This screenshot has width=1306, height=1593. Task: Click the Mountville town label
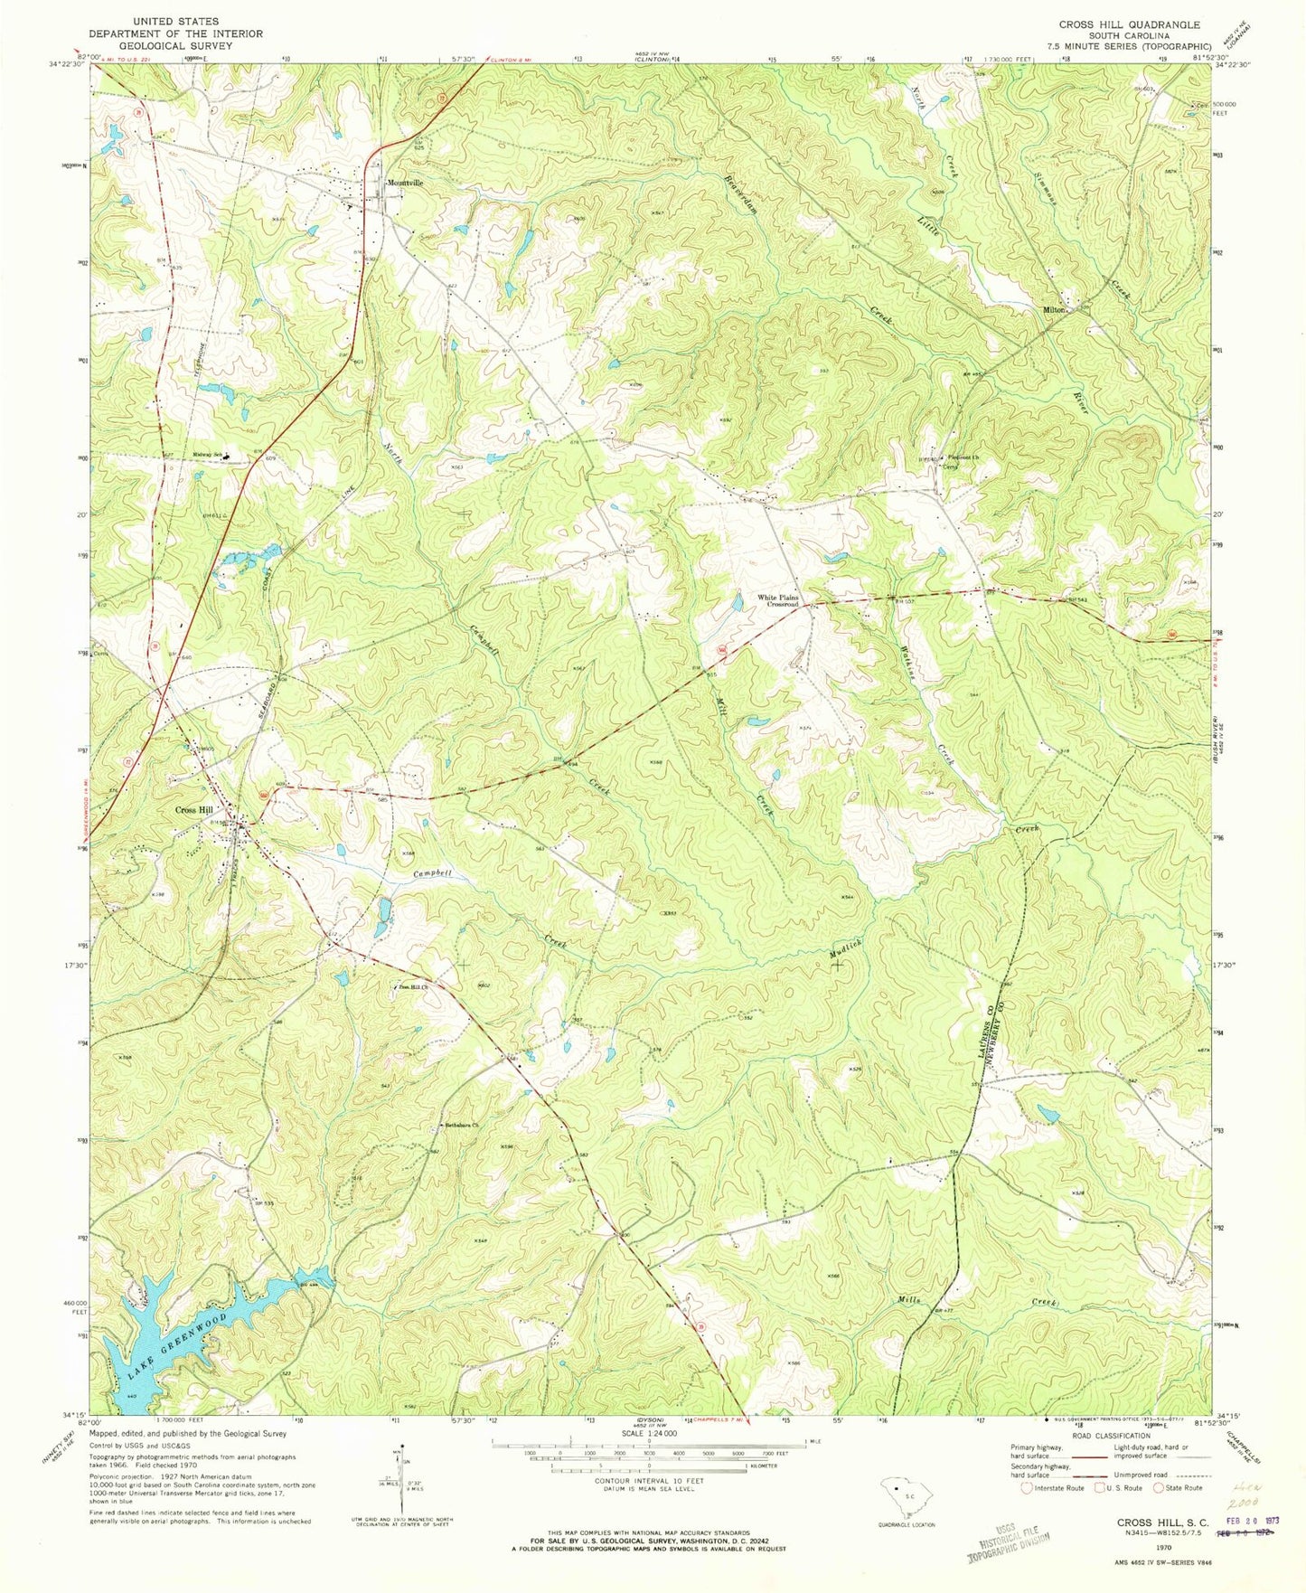[405, 182]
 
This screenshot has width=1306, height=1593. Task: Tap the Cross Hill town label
[194, 810]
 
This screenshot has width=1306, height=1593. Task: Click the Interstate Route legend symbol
[1027, 1487]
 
